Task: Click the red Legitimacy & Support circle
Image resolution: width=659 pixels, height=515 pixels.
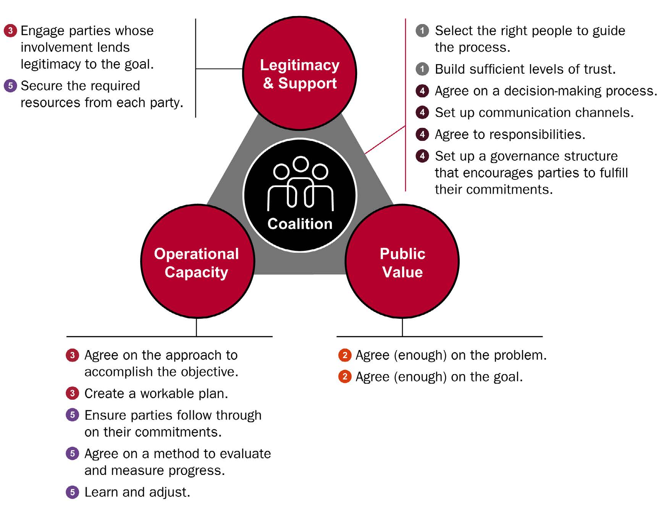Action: [x=300, y=73]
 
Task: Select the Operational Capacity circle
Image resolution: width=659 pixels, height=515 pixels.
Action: [x=197, y=262]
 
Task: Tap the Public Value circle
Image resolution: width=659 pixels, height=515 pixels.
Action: [x=402, y=262]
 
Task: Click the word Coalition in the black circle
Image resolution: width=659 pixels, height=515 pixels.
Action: [x=300, y=224]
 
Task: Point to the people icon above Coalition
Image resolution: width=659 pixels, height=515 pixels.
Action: [x=300, y=183]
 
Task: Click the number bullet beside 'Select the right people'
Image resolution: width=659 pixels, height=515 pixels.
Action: [x=422, y=31]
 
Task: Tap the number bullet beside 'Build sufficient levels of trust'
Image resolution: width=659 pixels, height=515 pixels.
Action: [x=422, y=69]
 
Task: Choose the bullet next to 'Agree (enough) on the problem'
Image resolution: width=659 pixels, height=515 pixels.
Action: [x=345, y=355]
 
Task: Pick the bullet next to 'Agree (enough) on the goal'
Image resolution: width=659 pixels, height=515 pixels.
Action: [x=345, y=377]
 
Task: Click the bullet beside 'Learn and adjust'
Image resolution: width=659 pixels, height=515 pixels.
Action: [x=72, y=492]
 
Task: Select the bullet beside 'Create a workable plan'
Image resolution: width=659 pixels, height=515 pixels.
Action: [x=72, y=393]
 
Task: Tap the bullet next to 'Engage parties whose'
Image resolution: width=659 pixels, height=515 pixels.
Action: [x=10, y=31]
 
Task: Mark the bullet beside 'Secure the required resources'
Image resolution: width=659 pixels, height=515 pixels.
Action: [x=10, y=86]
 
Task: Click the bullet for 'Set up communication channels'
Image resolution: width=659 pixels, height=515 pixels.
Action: [x=422, y=113]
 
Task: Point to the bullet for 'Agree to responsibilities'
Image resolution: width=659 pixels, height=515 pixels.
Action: [x=422, y=134]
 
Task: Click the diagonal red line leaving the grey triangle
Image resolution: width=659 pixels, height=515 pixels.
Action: [x=385, y=140]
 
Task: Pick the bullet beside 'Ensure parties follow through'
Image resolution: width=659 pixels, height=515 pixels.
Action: [x=72, y=415]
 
